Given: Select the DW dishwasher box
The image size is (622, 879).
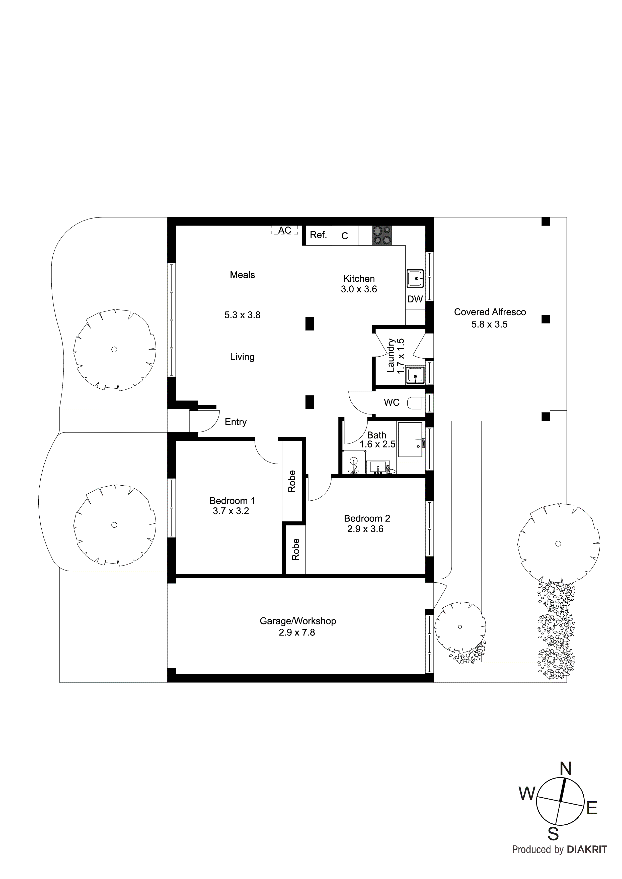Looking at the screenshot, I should [415, 299].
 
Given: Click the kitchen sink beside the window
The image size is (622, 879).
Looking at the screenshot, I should [415, 278].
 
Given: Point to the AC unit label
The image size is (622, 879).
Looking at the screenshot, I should [285, 230].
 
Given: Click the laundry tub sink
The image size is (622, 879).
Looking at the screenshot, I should [415, 375].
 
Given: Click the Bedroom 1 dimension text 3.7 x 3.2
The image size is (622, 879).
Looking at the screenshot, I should [231, 511].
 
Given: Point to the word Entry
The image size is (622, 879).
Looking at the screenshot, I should [236, 422].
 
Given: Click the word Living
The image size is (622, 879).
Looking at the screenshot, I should [242, 357].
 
